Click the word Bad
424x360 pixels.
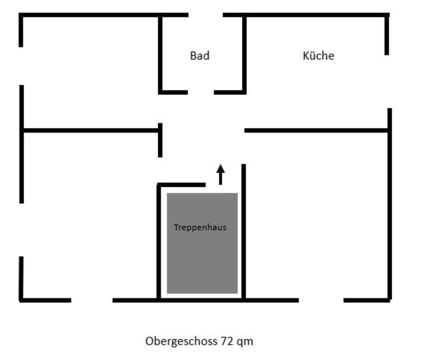pyautogui.click(x=200, y=56)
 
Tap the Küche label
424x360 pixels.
pyautogui.click(x=318, y=56)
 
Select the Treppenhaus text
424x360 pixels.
pyautogui.click(x=200, y=228)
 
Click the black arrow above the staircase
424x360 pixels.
pyautogui.click(x=220, y=174)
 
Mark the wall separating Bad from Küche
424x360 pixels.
pyautogui.click(x=244, y=53)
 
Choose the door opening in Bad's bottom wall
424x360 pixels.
pyautogui.click(x=201, y=92)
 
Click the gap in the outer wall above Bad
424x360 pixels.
pyautogui.click(x=206, y=15)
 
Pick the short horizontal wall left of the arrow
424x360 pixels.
pyautogui.click(x=182, y=185)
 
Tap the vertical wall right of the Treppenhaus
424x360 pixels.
pyautogui.click(x=243, y=230)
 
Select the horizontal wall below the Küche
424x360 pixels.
pyautogui.click(x=316, y=130)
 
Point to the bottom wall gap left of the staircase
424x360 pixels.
pyautogui.click(x=92, y=300)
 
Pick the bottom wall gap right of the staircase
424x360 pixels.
pyautogui.click(x=321, y=300)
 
